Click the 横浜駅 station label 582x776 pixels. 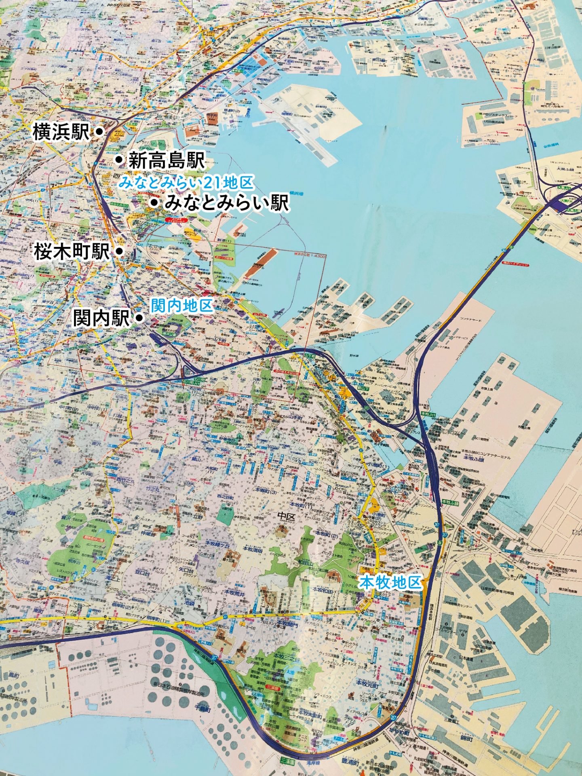point(61,132)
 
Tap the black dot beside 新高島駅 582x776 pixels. point(119,160)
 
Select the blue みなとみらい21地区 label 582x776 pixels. point(186,183)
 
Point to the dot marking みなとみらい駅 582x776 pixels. point(154,202)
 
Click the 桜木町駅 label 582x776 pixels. point(72,252)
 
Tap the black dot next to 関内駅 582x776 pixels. point(139,318)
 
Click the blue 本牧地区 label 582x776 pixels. point(390,582)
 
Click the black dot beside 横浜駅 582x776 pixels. point(99,131)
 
